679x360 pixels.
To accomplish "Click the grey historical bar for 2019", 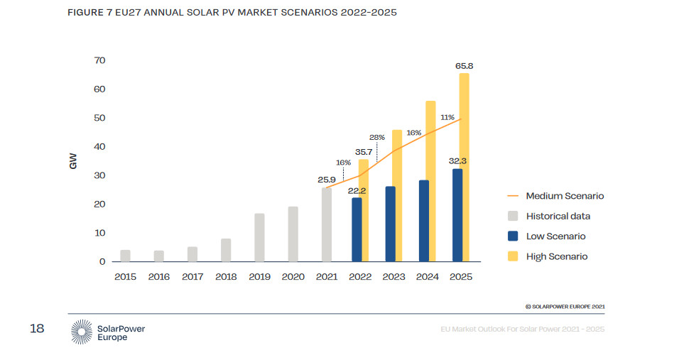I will click(259, 237).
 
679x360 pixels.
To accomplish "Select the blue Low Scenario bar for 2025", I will click(457, 215).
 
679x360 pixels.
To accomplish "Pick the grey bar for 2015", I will click(125, 256).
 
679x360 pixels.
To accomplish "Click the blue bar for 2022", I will click(357, 229).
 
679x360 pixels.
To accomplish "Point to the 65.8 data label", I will click(464, 66).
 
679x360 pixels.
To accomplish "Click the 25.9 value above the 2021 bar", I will click(326, 180).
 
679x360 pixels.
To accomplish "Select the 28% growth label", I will click(376, 137).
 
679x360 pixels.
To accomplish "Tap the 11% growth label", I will click(447, 117).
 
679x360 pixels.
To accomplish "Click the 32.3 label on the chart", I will click(457, 161).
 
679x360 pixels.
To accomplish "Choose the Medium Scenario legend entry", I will click(565, 196).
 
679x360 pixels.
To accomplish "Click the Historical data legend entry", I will click(558, 216).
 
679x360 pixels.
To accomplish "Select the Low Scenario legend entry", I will click(555, 236).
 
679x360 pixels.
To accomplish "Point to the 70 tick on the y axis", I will click(99, 60).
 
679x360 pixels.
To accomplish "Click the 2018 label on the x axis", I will click(226, 277).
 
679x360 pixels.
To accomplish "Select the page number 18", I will click(37, 328).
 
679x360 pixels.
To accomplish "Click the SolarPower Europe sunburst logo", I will click(82, 332).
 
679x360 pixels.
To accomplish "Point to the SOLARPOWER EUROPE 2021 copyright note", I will click(565, 306).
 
